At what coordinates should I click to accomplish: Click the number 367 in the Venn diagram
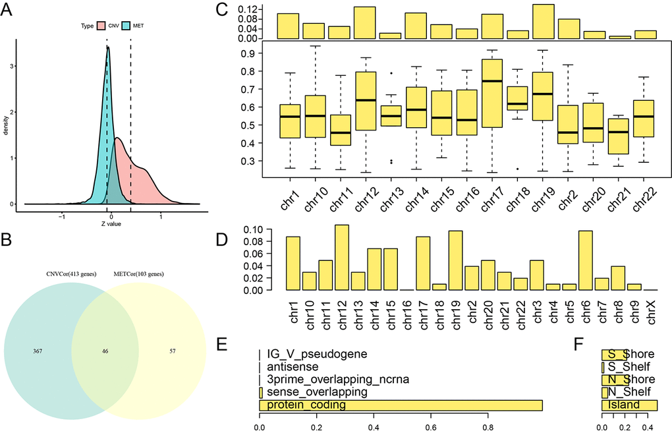click(x=38, y=351)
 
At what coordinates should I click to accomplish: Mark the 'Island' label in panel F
click(x=623, y=405)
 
